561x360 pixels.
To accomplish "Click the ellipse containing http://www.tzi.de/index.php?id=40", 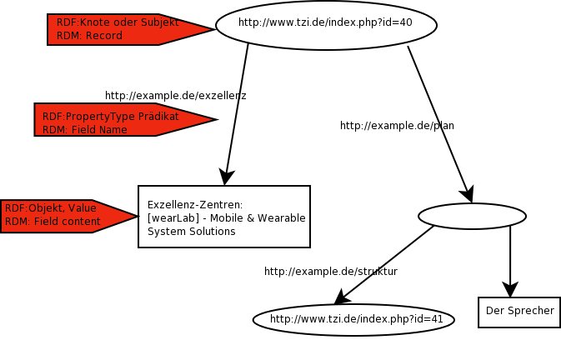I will click(326, 22).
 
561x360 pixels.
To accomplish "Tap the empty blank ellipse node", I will click(472, 217).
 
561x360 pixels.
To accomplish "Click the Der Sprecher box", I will click(518, 311).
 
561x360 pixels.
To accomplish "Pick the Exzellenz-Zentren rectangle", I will click(223, 217).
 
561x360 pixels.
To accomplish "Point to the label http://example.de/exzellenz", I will click(175, 96).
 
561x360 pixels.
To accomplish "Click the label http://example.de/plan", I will click(397, 125).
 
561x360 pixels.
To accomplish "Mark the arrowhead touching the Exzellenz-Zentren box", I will click(224, 177).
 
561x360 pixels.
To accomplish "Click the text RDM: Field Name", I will click(85, 130).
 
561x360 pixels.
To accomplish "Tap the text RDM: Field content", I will click(53, 222).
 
